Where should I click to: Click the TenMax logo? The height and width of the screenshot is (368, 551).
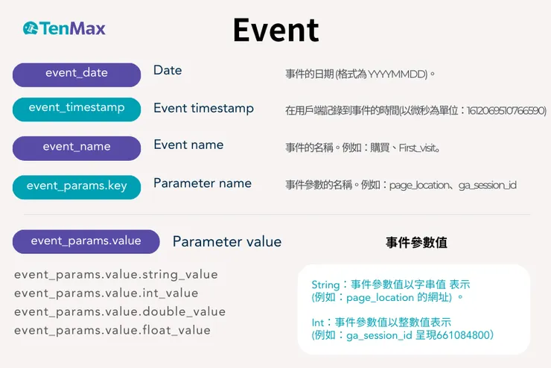point(64,29)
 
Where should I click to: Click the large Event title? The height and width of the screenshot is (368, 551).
point(275,31)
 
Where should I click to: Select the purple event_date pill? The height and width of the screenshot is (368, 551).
point(77,74)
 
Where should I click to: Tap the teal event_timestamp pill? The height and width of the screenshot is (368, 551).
point(77,108)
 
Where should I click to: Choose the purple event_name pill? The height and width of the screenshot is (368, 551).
point(77,147)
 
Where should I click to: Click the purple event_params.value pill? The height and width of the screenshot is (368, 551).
point(86,241)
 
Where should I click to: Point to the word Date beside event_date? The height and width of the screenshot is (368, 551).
point(168,70)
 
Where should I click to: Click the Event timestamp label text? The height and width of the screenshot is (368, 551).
point(203,108)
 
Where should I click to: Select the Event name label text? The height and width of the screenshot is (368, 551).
point(188,145)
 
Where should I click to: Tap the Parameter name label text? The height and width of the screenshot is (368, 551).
point(203,183)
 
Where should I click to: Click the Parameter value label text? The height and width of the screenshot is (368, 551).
point(227,241)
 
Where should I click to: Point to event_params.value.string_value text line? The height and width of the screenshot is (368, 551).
point(116,276)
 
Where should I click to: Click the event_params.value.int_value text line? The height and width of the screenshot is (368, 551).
point(106,294)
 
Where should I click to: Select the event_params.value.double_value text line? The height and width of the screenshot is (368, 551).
point(120,312)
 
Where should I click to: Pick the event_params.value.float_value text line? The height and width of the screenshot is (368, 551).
point(112,330)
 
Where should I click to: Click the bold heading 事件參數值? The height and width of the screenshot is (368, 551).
point(416,243)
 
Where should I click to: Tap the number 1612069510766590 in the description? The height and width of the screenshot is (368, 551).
point(506,110)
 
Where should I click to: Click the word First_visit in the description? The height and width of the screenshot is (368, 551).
point(419,147)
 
